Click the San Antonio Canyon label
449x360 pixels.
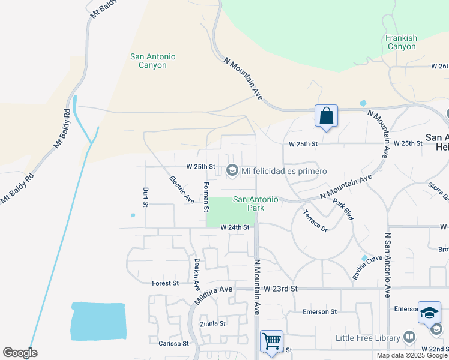pos(152,61)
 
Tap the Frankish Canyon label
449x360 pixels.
pos(401,42)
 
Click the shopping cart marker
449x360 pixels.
pos(271,341)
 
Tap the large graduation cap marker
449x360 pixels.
pos(429,313)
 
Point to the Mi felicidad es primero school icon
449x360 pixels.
pos(232,172)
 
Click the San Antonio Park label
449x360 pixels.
pos(255,203)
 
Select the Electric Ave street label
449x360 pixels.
pos(182,188)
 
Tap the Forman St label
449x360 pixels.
pos(206,197)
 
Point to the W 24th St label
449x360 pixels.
pos(234,227)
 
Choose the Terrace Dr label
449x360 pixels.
pos(315,220)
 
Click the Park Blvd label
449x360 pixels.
pos(343,209)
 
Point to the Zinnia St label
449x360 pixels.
pos(213,323)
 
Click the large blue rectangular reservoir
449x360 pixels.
pos(98,321)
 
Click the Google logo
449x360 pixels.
pos(20,353)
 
